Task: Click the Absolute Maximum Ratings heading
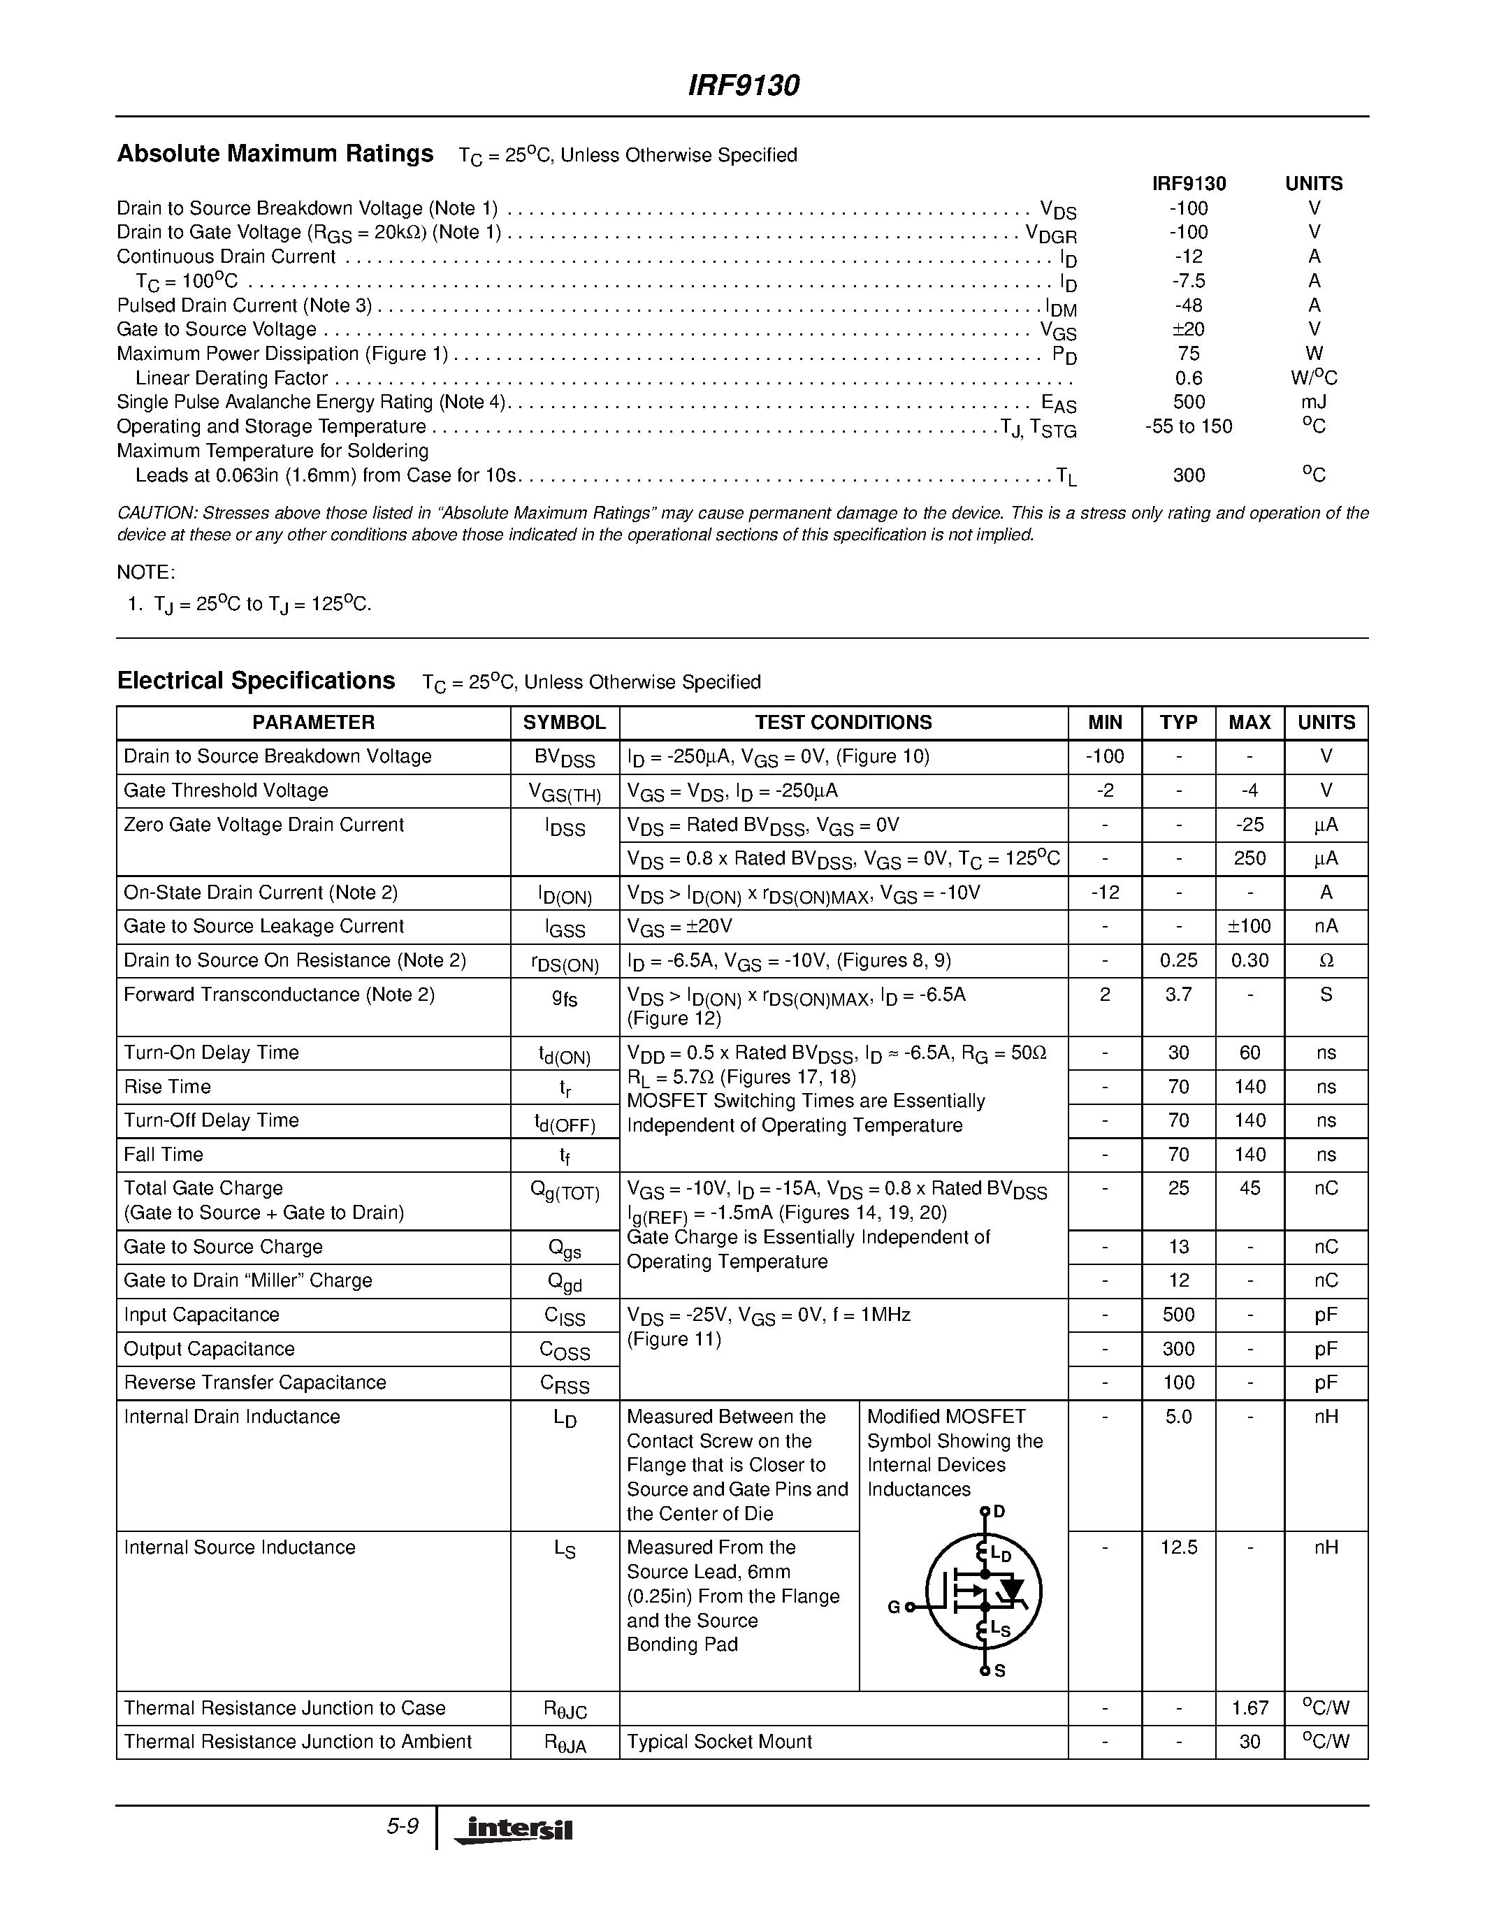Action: pyautogui.click(x=275, y=154)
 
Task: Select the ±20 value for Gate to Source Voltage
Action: pyautogui.click(x=1189, y=329)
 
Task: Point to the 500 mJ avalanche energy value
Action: pyautogui.click(x=1189, y=402)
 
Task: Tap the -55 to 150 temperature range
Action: pyautogui.click(x=1189, y=427)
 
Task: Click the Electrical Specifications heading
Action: pyautogui.click(x=256, y=681)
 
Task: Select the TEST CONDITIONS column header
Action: pyautogui.click(x=843, y=723)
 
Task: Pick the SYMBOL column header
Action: pyautogui.click(x=564, y=723)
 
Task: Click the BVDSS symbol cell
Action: pyautogui.click(x=564, y=758)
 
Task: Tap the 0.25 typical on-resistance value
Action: pyautogui.click(x=1178, y=961)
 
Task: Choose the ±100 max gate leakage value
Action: pyautogui.click(x=1249, y=927)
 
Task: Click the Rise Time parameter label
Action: pyautogui.click(x=167, y=1087)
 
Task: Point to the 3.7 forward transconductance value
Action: pyautogui.click(x=1178, y=995)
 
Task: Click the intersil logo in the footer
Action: pyautogui.click(x=514, y=1830)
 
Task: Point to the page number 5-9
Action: pyautogui.click(x=402, y=1826)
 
